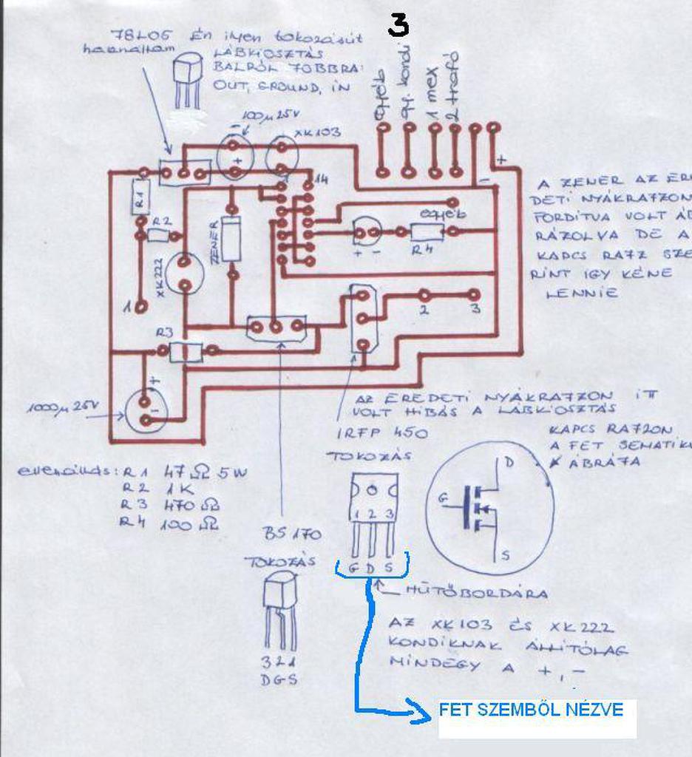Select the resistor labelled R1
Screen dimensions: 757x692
(140, 198)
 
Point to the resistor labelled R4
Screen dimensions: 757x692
(427, 231)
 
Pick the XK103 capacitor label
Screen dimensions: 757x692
(317, 132)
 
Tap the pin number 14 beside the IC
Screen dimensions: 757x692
(321, 180)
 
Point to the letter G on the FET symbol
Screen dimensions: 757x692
(443, 498)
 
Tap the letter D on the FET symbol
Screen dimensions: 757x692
(509, 464)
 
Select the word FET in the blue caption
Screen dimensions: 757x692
(455, 710)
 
